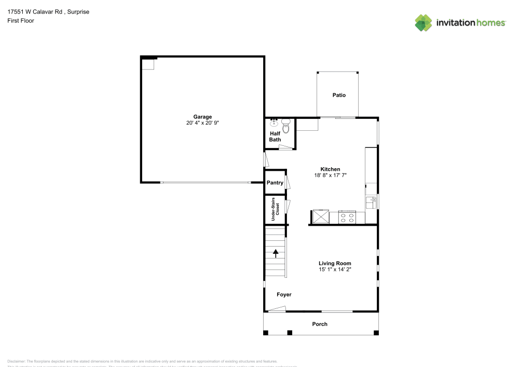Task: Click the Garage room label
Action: pos(202,117)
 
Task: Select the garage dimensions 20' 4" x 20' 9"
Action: pos(202,123)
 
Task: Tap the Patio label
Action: pos(339,95)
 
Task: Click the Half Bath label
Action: pos(275,137)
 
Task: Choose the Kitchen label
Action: pos(330,169)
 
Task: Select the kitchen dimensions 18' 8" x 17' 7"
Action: pos(330,175)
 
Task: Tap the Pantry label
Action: pos(275,183)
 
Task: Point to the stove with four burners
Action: pos(346,217)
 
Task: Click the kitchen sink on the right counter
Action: pos(371,202)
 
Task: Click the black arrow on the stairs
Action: pos(276,253)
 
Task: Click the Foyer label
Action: pos(283,294)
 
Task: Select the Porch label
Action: pos(320,324)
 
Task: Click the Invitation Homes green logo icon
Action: pos(424,22)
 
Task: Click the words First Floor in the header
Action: pos(20,21)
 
